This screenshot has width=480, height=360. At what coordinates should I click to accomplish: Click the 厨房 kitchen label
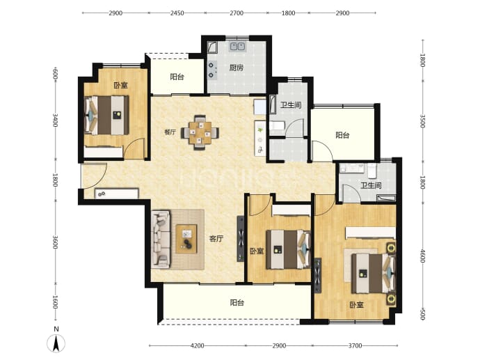tap(237, 68)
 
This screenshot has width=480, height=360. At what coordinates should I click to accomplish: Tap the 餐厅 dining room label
tap(170, 132)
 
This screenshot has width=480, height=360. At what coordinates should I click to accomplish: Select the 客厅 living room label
tap(216, 239)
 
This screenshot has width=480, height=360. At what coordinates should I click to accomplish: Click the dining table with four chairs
tap(200, 133)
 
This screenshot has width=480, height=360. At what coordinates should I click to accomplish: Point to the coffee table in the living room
tap(186, 239)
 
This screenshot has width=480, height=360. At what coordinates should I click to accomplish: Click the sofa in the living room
tap(161, 239)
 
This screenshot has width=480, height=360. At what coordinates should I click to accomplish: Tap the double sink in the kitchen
tap(237, 46)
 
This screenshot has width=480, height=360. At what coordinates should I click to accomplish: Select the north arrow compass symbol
tap(56, 343)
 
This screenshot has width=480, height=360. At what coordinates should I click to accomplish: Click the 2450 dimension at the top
tap(177, 13)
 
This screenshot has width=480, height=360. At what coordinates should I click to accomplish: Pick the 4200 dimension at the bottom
tap(197, 345)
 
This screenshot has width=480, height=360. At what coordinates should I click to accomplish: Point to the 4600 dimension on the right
tap(422, 256)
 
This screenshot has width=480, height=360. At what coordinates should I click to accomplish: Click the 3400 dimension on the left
tap(55, 120)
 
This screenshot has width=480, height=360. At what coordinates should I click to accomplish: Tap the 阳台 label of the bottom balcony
tap(237, 303)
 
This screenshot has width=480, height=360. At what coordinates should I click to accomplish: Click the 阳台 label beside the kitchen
tap(177, 77)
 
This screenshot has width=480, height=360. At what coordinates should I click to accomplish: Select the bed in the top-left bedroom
tap(106, 115)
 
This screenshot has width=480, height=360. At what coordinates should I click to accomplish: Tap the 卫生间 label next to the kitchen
tap(291, 105)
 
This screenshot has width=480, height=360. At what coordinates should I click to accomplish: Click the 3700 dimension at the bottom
tap(355, 345)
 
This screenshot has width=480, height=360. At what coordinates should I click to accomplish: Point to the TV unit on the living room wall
tap(241, 239)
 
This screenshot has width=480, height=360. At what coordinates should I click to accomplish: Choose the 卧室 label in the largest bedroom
tap(357, 305)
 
